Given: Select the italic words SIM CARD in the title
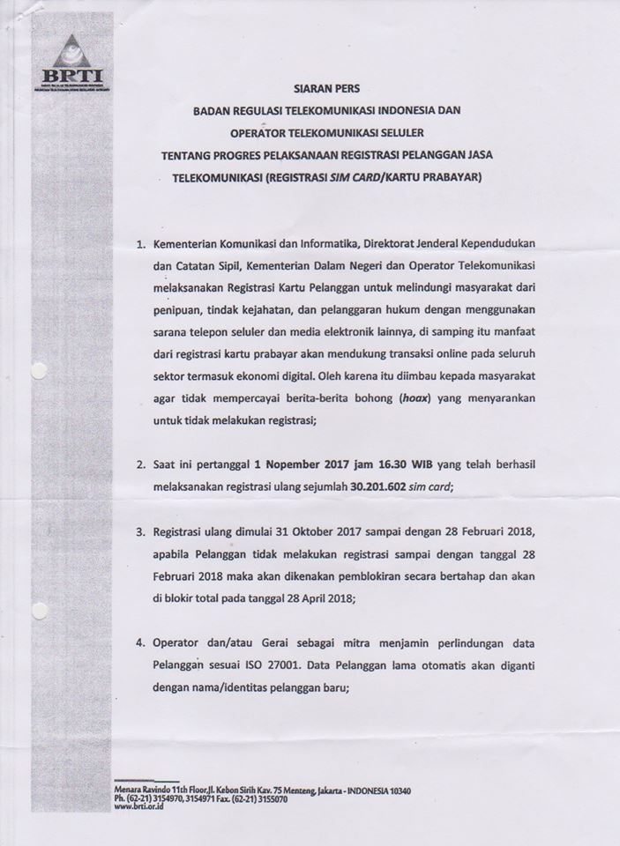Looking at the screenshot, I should (353, 177).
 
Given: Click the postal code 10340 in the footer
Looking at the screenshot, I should (397, 790).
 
